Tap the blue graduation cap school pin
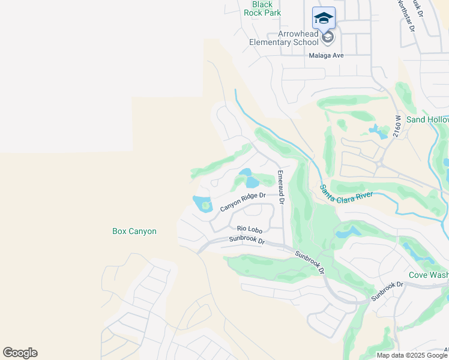pos(324,19)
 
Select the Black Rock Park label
pos(267,8)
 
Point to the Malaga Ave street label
pos(326,55)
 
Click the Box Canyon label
pos(134,231)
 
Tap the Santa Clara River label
pos(346,195)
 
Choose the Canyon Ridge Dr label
pos(243,202)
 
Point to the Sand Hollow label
pos(427,119)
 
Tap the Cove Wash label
pos(428,275)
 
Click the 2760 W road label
pos(397,127)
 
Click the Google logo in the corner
pos(20,353)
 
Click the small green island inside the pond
pos(205,206)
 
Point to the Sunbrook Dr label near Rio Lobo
pos(247,240)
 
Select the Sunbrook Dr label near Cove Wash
pos(385,290)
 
